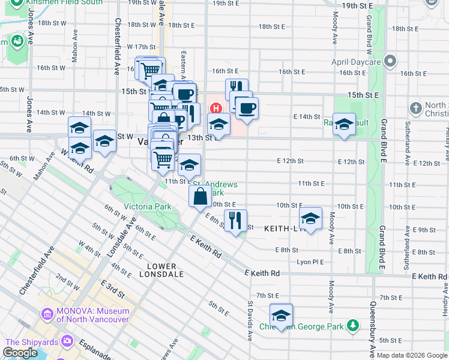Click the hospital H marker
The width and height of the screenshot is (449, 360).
(x=215, y=108)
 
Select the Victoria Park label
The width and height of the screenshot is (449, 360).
(x=147, y=207)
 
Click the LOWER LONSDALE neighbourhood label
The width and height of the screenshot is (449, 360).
(x=157, y=270)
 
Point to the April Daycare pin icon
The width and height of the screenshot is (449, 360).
(x=391, y=62)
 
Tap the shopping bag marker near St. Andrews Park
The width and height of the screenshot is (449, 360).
(x=200, y=196)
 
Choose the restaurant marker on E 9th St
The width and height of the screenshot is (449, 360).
(x=235, y=220)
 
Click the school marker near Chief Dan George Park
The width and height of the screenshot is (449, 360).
(x=280, y=314)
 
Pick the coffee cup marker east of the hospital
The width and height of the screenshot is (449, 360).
(x=246, y=108)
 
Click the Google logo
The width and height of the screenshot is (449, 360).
(x=19, y=353)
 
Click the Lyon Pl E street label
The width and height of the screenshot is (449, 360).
(x=310, y=262)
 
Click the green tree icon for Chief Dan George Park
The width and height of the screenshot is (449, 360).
(x=354, y=326)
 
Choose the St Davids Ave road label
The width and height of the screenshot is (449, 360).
(x=250, y=325)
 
